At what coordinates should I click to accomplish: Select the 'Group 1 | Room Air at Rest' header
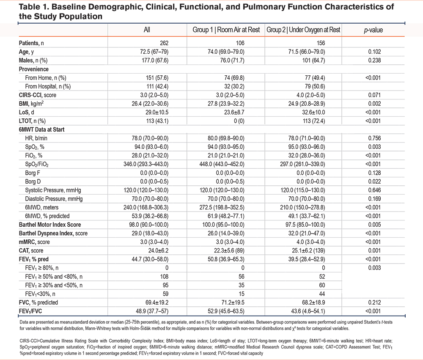[x=226, y=30]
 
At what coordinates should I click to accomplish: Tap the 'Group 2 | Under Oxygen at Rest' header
[x=303, y=30]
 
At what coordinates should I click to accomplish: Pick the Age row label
[x=25, y=52]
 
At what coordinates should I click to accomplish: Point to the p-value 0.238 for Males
[x=374, y=60]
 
